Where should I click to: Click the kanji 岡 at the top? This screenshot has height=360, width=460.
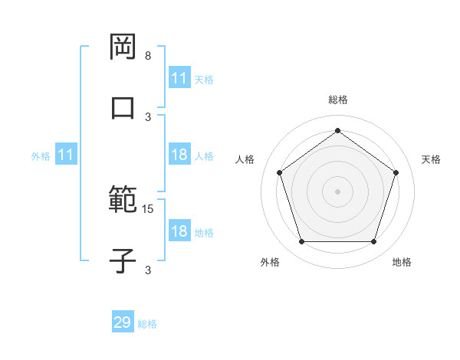click(123, 47)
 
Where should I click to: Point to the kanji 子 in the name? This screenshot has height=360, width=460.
click(123, 260)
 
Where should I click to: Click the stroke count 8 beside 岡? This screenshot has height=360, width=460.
click(148, 56)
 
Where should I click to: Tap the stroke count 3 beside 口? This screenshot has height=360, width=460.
click(148, 116)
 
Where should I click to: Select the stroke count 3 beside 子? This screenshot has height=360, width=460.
click(148, 270)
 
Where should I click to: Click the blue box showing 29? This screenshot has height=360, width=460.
click(123, 322)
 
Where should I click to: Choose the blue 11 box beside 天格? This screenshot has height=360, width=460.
click(179, 78)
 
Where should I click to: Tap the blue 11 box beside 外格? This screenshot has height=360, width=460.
click(66, 155)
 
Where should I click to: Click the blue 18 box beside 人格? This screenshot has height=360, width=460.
click(179, 155)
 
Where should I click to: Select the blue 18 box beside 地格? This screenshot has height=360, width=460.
click(179, 231)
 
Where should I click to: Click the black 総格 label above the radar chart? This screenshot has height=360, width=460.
click(338, 100)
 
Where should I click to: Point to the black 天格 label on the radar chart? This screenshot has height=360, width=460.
click(431, 159)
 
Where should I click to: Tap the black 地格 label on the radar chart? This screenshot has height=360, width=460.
click(402, 262)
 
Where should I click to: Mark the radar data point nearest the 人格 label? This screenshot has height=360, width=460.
click(280, 172)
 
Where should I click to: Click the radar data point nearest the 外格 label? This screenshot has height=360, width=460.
click(301, 242)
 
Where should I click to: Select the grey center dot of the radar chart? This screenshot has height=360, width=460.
click(338, 191)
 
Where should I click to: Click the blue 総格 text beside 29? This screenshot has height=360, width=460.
click(147, 324)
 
